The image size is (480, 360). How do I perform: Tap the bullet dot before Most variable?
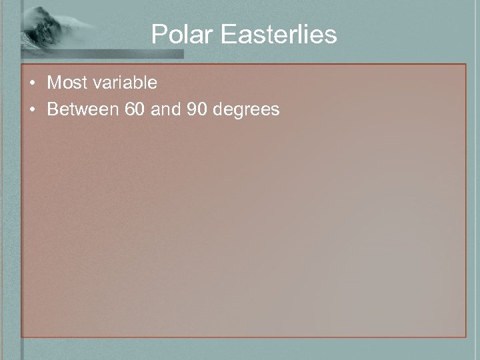(x=33, y=83)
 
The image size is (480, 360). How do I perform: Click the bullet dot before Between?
(x=33, y=109)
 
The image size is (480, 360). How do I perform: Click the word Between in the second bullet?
(x=83, y=109)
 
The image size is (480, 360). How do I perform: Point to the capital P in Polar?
(x=158, y=35)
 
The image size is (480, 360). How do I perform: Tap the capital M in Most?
(x=53, y=83)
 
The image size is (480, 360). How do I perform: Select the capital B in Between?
(x=52, y=109)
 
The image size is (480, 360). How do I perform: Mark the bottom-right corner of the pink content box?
(x=465, y=336)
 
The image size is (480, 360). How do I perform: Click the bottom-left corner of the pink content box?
(x=22, y=336)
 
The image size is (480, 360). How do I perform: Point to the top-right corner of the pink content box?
(x=465, y=65)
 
